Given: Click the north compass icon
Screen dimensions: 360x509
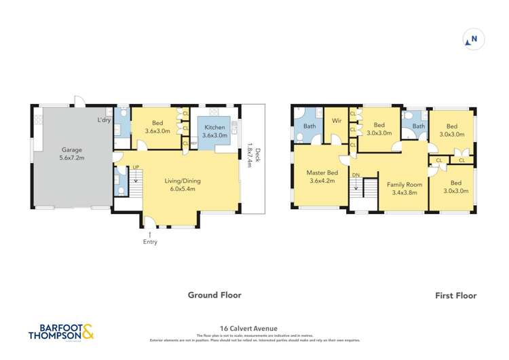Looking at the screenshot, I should coord(472,39).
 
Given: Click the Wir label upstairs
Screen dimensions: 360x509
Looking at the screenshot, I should coord(336,121).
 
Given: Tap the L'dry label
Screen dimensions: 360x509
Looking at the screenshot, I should coord(104,120).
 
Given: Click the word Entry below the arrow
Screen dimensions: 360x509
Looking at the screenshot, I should coord(150,242).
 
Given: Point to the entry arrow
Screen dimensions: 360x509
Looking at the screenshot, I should coord(150,233).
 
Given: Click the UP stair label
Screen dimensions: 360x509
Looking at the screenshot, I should coord(136,167).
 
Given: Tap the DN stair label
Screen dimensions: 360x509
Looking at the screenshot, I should coord(356,175).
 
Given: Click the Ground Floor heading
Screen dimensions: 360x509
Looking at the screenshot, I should coord(214,295).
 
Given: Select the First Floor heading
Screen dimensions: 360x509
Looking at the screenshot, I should coord(456,295).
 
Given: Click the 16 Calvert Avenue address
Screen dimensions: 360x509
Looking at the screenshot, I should coord(254,325).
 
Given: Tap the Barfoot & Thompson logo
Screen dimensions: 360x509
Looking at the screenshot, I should coord(61,333).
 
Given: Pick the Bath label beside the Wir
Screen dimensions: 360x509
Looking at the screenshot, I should coord(309,126).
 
